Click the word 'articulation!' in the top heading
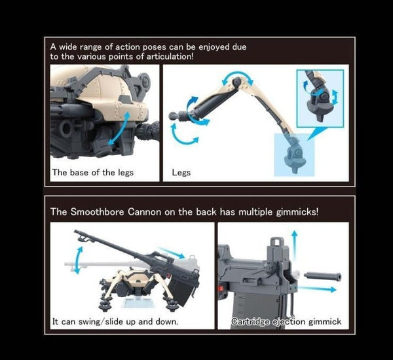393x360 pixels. [170, 56]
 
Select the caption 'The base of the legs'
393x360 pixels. [93, 172]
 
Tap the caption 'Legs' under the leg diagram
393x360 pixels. [181, 173]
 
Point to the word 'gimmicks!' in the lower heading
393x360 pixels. [297, 212]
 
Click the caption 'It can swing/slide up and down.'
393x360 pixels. [115, 321]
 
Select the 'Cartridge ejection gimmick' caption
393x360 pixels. [286, 321]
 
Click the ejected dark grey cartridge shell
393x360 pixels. [322, 276]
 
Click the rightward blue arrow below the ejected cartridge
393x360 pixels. [316, 289]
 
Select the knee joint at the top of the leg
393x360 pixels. [237, 82]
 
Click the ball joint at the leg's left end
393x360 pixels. [173, 116]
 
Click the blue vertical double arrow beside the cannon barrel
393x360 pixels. [78, 261]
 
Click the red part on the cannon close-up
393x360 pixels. [221, 289]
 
